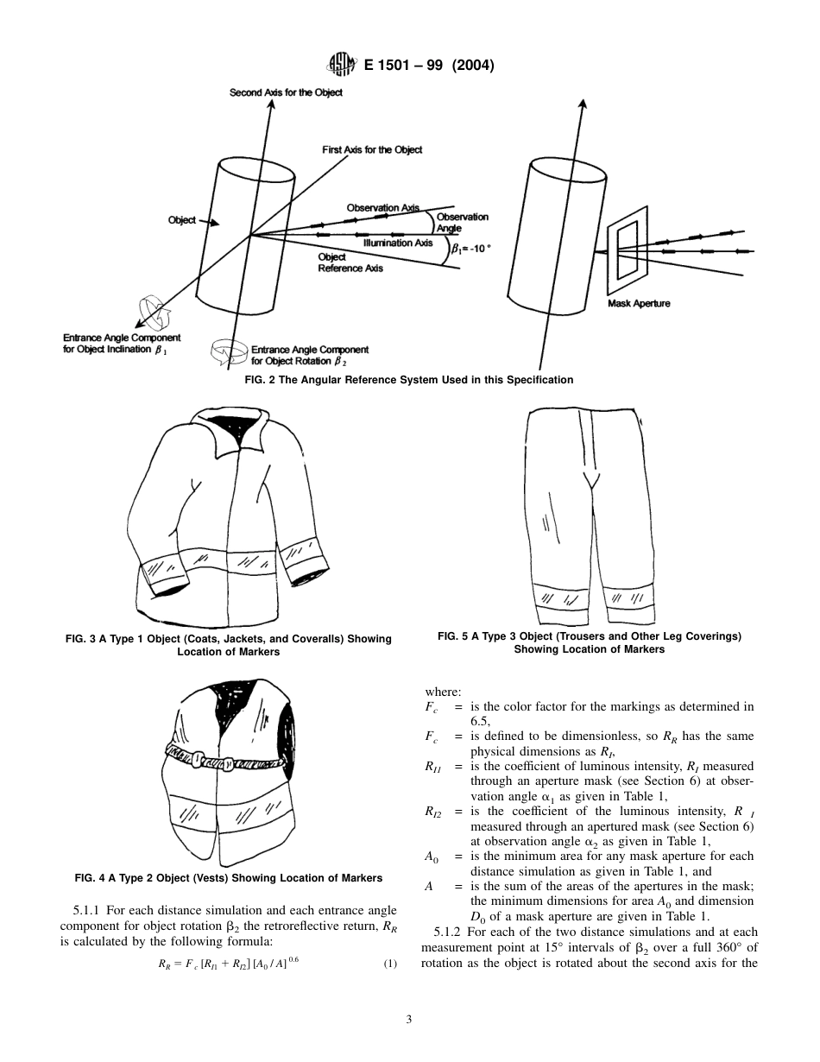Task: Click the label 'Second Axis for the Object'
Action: tap(286, 92)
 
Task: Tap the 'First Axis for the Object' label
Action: tap(372, 150)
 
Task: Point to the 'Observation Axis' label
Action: tap(382, 207)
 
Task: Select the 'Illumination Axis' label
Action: tap(397, 243)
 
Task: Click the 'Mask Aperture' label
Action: tap(640, 304)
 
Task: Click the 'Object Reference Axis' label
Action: tap(350, 262)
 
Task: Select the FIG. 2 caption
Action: tap(409, 380)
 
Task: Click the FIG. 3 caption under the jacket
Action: tap(229, 645)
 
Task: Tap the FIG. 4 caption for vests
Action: tap(229, 878)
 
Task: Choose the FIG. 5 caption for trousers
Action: tap(590, 642)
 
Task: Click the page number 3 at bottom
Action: tap(409, 1020)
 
